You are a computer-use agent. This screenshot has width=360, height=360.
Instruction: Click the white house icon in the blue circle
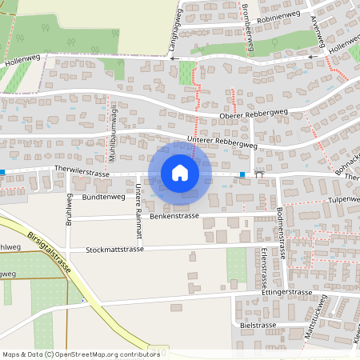179,172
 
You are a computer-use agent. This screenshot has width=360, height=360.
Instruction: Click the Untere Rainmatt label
138,210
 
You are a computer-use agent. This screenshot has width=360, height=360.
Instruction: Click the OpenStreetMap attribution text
80,354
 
